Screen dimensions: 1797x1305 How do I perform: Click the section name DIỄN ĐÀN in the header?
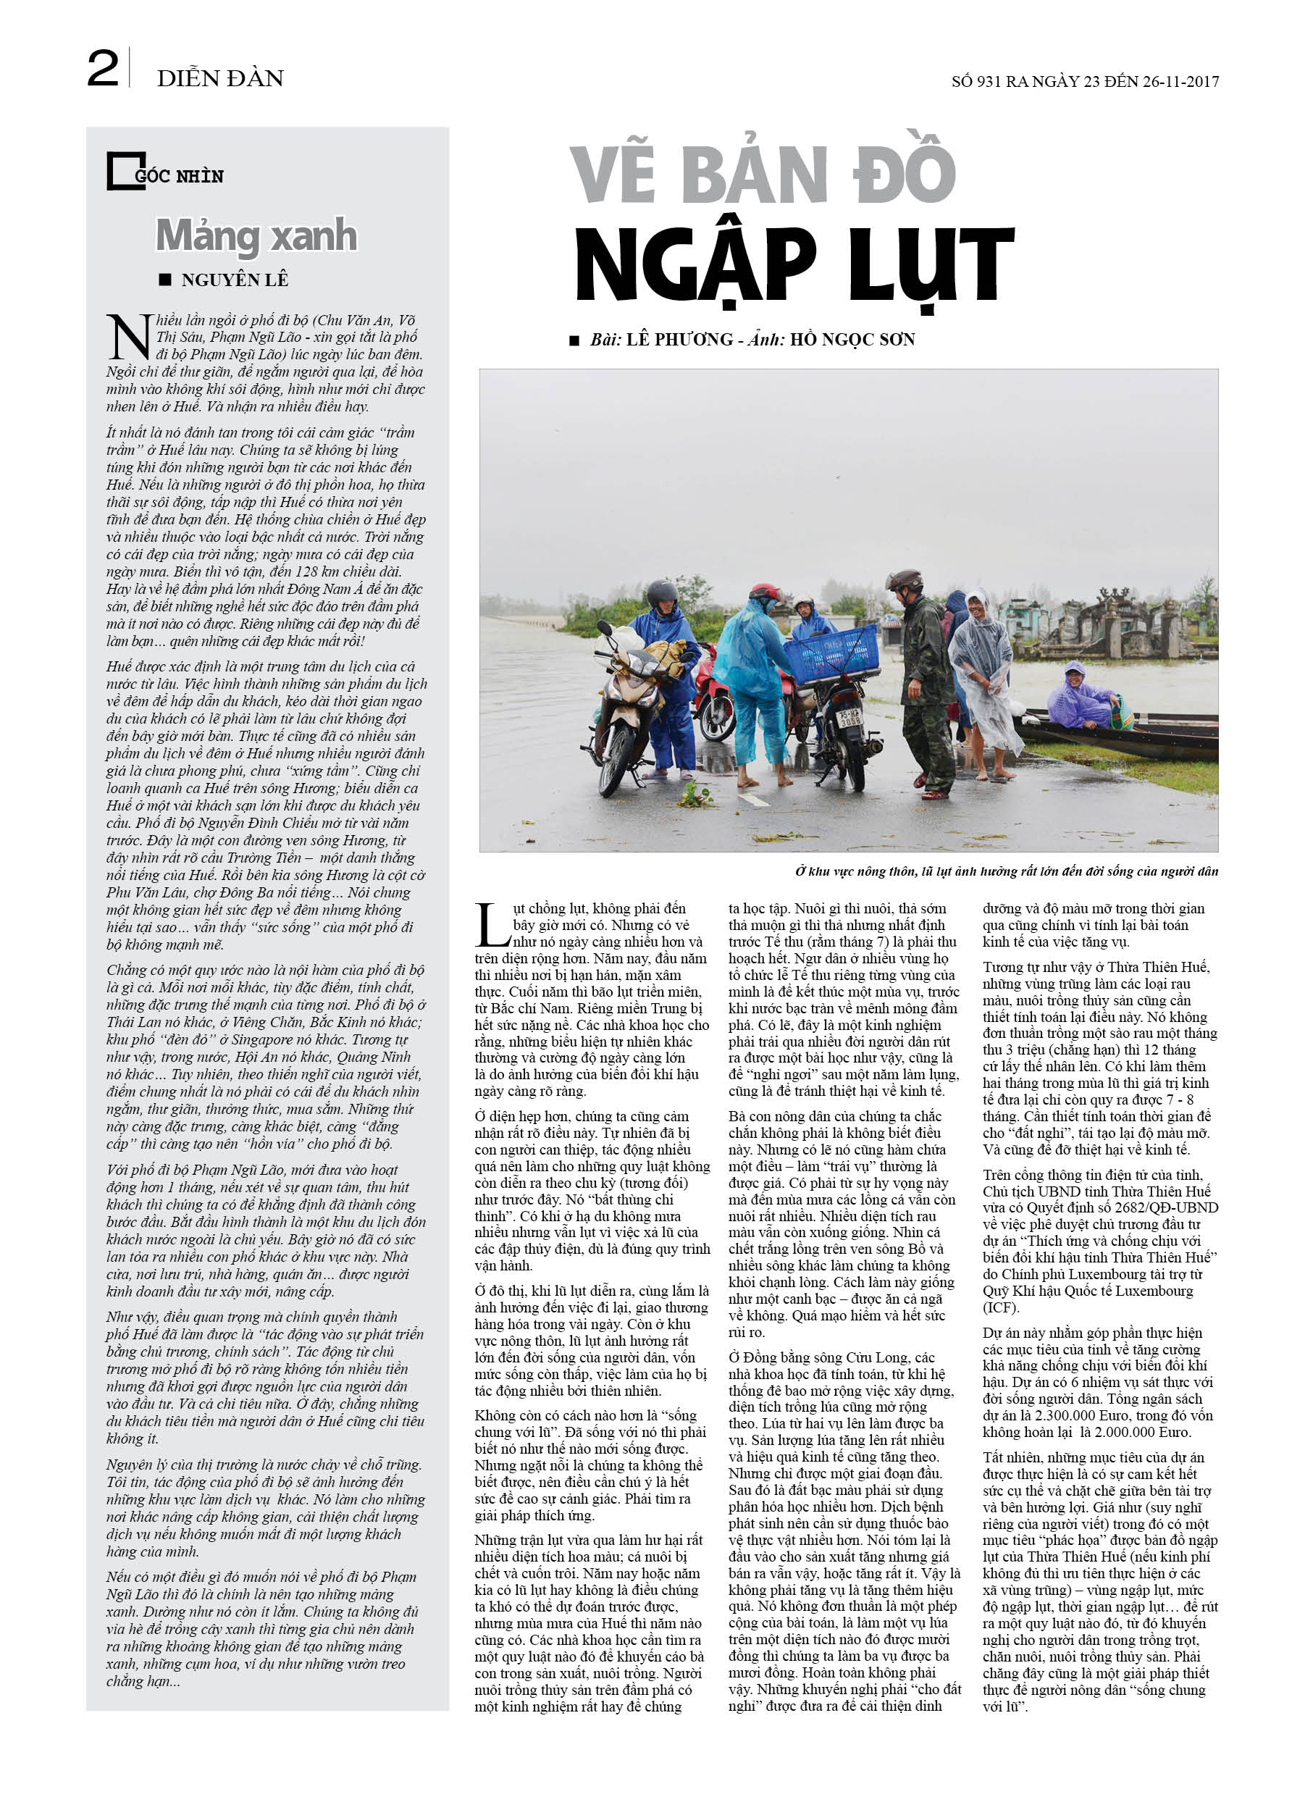pos(220,78)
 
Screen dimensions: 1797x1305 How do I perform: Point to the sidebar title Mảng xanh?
pos(256,235)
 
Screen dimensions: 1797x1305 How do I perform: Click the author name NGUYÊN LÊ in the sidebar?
pos(235,280)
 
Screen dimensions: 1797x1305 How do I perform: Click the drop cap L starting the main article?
pos(492,925)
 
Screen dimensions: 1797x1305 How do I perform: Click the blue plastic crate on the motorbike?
pos(831,655)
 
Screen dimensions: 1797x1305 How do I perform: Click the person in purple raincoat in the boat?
pos(1080,698)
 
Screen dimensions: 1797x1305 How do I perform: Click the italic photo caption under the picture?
pos(1007,871)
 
